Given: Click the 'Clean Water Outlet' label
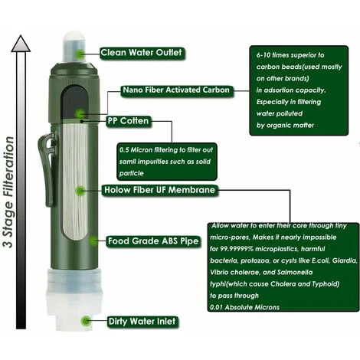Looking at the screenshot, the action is [142, 53].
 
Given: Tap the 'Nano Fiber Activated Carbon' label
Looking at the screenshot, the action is [177, 90].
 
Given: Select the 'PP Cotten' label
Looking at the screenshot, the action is [129, 121].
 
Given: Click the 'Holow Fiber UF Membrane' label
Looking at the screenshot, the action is [160, 190].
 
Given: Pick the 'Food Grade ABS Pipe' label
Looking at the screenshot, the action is [153, 241].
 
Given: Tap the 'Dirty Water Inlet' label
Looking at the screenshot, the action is [142, 322].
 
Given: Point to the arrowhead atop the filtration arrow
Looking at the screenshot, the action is [21, 44].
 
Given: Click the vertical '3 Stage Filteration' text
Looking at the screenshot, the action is [8, 192].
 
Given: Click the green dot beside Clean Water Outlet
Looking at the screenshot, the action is [80, 54].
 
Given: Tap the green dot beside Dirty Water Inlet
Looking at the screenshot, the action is [86, 321].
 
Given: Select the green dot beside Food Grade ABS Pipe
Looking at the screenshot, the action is [93, 241].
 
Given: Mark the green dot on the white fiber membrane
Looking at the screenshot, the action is [80, 191].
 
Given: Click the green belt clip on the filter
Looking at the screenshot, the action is [47, 169].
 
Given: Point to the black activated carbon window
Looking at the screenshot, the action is [74, 102].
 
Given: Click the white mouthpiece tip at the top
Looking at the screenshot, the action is [74, 46].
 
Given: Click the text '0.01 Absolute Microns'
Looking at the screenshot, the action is [244, 307].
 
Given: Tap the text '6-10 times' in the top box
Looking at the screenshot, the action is [271, 55].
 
